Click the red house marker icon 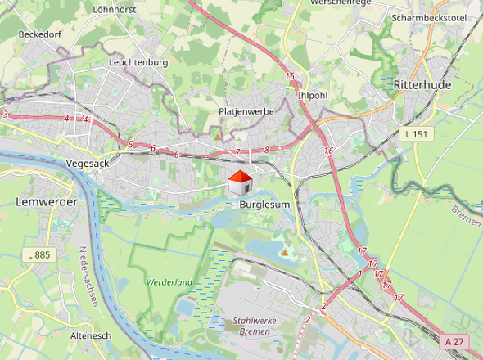tap(240, 182)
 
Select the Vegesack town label tap(81, 163)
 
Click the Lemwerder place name tap(47, 201)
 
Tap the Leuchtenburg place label tap(138, 62)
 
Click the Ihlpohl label tap(313, 95)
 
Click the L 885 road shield tap(38, 255)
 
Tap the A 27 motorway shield tap(458, 340)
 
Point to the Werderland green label tap(169, 281)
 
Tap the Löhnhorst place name tap(115, 11)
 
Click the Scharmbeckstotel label tap(428, 17)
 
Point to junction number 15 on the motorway tap(290, 77)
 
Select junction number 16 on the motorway tap(328, 151)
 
